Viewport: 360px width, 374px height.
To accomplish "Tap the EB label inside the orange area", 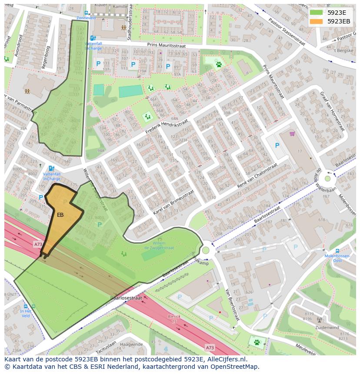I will [x=60, y=215].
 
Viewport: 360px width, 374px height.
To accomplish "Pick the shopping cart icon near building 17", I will [x=292, y=133].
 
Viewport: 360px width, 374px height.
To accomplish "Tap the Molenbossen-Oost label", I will [x=337, y=258].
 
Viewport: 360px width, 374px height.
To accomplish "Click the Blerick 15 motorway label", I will [x=174, y=318].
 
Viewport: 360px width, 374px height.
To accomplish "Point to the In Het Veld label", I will [x=26, y=313].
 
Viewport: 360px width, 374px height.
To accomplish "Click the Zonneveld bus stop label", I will [x=85, y=18].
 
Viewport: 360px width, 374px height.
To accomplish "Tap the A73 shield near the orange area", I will [x=38, y=245].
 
